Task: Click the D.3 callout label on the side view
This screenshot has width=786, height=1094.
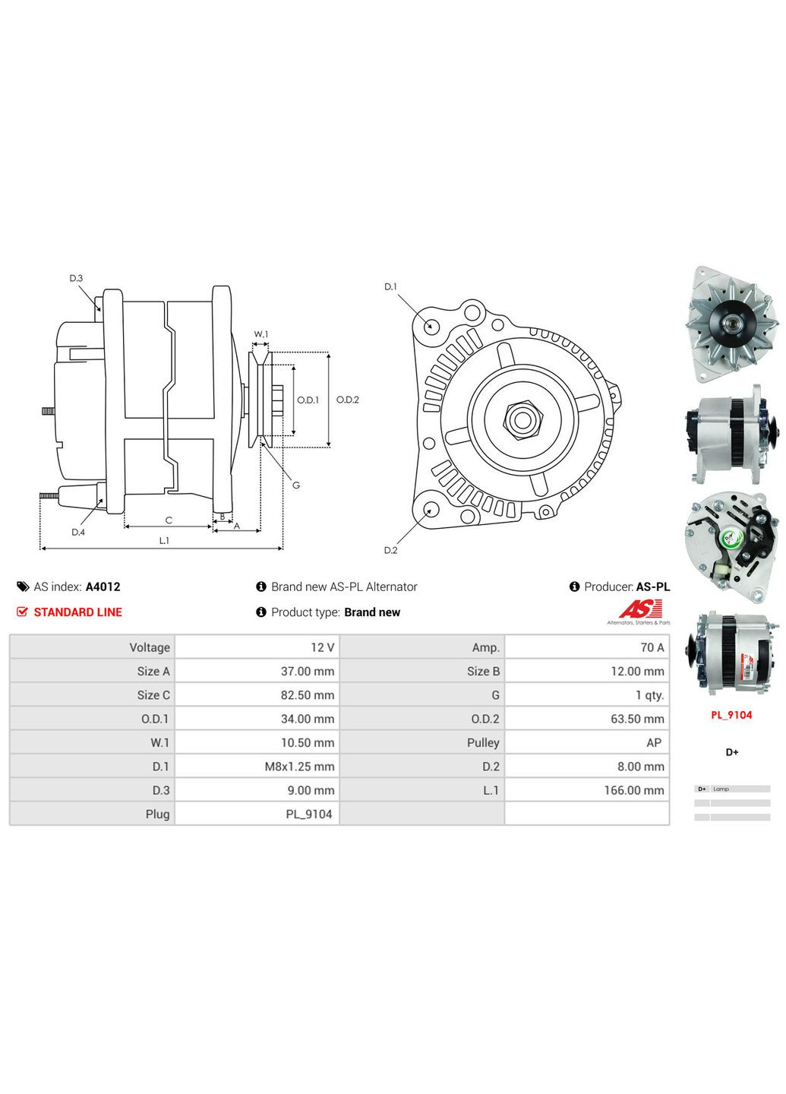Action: coord(76,278)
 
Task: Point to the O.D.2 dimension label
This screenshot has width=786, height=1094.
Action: coord(347,400)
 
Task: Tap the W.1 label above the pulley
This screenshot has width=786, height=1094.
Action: coord(260,334)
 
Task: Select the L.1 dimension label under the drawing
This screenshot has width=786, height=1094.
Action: coord(164,540)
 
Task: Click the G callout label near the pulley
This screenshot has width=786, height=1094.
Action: coord(295,485)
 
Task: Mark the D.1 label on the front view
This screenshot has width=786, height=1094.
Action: coord(390,286)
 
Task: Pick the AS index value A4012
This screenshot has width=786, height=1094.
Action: coord(103,587)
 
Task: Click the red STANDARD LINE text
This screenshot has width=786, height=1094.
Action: coord(77,612)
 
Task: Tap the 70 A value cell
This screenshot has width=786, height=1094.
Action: coord(652,647)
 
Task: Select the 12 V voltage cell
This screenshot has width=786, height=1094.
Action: coord(322,647)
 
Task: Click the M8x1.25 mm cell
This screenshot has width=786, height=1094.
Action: coord(299,767)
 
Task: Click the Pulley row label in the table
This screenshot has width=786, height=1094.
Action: coord(483,742)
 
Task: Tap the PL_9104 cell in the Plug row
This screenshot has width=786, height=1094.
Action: coord(308,814)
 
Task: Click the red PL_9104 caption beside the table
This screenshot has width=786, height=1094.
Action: coord(731,715)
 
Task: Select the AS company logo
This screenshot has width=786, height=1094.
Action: coord(640,609)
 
